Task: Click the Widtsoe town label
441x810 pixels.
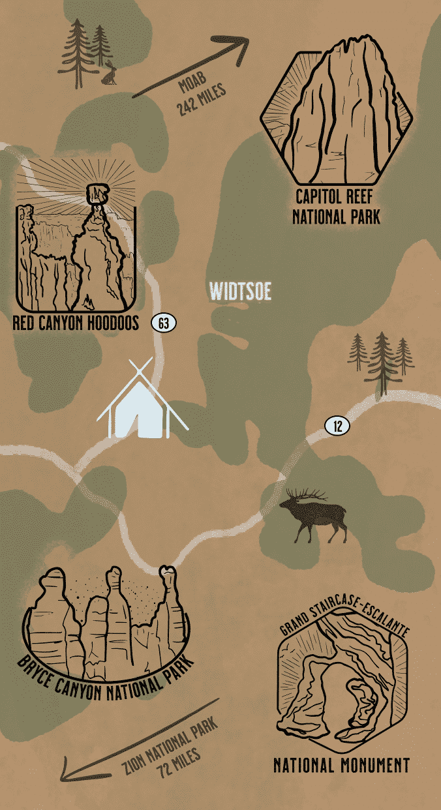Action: point(239,291)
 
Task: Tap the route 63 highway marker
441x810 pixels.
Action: point(163,322)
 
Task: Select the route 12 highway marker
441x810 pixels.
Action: point(337,427)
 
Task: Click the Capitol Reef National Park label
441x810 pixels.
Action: point(337,207)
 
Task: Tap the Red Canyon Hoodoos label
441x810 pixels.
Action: point(76,323)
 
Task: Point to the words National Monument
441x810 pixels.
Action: point(341,766)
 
